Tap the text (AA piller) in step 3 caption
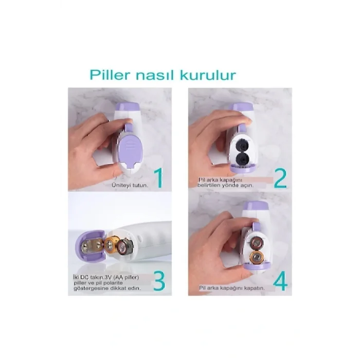(133, 276)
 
